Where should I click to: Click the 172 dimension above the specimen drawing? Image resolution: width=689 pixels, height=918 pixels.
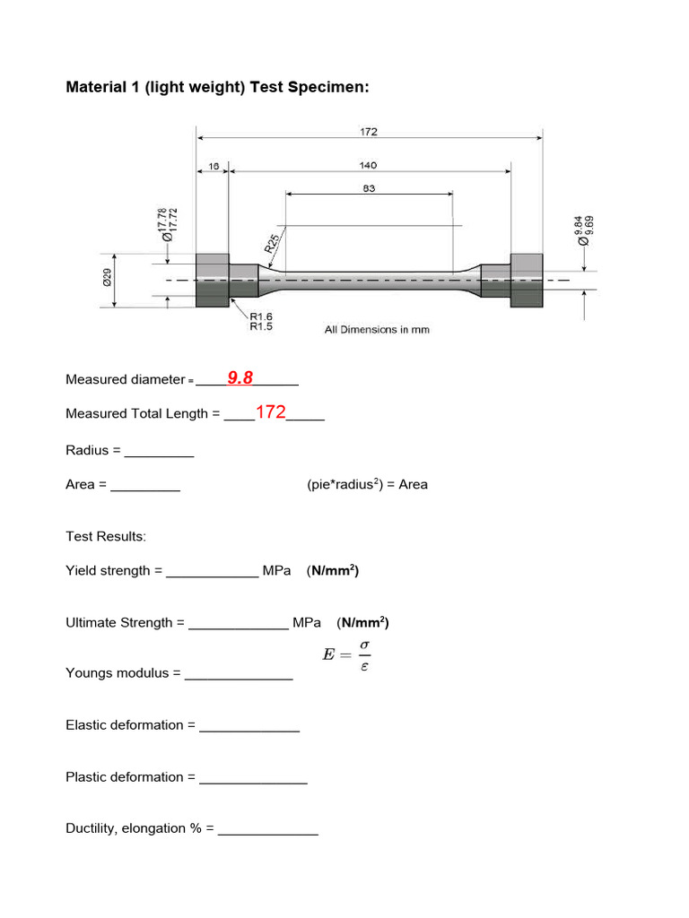(369, 132)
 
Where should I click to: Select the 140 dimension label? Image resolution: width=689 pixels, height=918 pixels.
(369, 165)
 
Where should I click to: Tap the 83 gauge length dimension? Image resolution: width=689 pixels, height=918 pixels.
(369, 188)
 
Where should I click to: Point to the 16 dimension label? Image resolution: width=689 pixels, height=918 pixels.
(213, 165)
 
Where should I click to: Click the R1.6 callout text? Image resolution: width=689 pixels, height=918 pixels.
(260, 317)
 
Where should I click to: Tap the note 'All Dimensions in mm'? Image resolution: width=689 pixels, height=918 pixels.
(377, 330)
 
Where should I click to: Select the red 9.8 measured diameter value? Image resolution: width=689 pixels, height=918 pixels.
(240, 378)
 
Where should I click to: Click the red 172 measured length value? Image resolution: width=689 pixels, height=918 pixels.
(270, 412)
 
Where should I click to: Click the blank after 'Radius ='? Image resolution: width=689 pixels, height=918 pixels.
(159, 451)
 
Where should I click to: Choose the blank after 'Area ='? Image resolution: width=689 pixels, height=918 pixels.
(145, 485)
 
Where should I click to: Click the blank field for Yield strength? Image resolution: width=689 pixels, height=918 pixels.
(213, 571)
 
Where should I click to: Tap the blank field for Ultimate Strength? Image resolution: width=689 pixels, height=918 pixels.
(239, 623)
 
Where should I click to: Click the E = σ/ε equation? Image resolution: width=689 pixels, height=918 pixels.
(346, 655)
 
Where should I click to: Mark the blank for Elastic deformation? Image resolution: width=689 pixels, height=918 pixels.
(249, 725)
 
